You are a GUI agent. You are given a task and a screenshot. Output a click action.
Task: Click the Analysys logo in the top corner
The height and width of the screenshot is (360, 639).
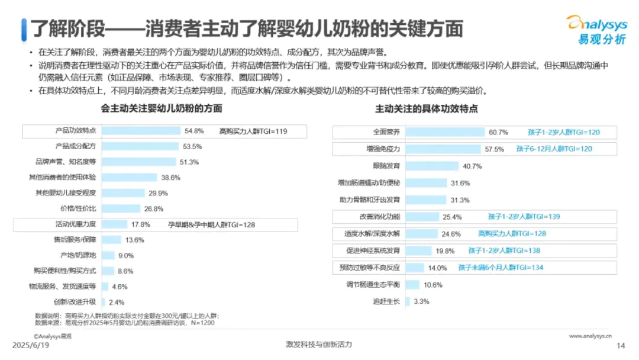pos(596,29)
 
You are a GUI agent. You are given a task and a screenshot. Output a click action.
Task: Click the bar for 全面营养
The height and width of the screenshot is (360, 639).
pos(444,132)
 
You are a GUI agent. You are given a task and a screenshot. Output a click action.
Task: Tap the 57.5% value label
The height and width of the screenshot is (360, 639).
pos(494,149)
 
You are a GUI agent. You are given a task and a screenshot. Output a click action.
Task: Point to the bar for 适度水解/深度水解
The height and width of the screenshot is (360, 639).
pos(422,234)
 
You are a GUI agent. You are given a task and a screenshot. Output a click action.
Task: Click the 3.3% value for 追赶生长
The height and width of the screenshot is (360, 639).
pos(421,301)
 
